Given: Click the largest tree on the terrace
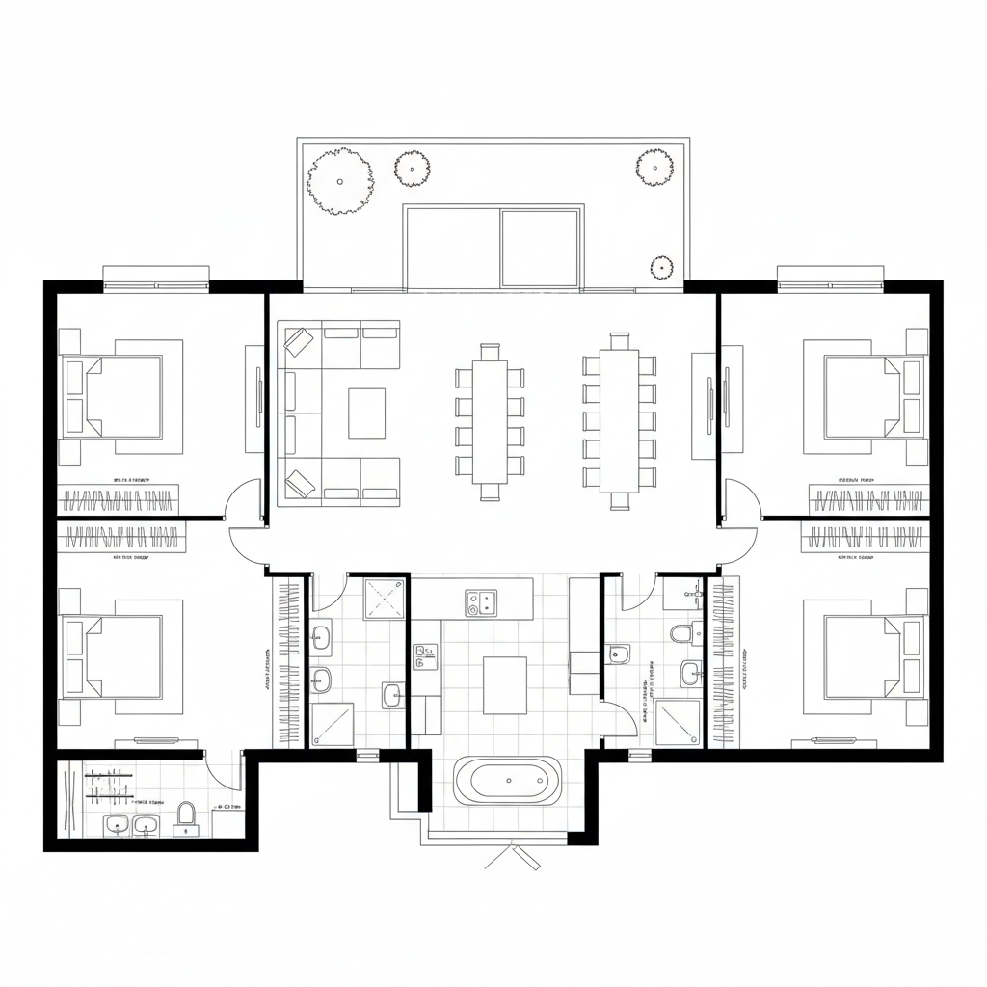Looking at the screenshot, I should tap(339, 180).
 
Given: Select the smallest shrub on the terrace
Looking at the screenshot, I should tap(661, 267).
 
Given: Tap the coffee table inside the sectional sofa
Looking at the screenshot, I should tap(366, 413).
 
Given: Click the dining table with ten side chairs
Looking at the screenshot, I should tap(619, 420).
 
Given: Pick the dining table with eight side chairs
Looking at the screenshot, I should tap(490, 420).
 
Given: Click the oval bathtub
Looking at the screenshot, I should tap(507, 781).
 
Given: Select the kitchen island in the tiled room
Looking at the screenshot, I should tap(505, 684).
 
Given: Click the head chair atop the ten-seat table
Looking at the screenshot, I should tap(619, 340).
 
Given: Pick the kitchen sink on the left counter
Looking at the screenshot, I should tap(424, 656).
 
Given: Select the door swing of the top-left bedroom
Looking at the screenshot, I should tap(243, 501).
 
